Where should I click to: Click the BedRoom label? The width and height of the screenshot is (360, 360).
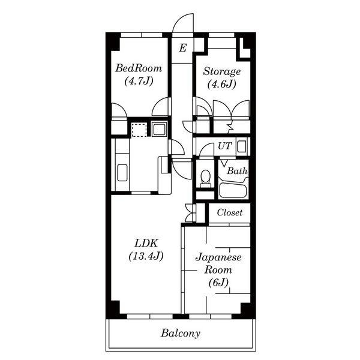(139, 68)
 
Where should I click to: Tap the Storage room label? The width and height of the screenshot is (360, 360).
(222, 71)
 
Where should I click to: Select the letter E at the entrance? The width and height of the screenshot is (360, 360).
(183, 48)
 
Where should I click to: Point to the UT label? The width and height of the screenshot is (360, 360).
(225, 146)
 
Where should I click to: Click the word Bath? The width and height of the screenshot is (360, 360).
(237, 171)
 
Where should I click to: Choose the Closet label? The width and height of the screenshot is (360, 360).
(230, 212)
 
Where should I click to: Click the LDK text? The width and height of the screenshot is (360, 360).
(146, 244)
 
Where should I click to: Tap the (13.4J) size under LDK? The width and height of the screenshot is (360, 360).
(146, 256)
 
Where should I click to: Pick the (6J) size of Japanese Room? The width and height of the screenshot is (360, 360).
(218, 283)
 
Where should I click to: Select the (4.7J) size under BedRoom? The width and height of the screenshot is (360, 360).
(139, 81)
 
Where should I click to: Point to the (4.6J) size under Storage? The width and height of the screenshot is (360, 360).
(222, 84)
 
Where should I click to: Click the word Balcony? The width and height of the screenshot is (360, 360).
(181, 333)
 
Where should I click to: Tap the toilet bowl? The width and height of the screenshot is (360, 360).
(205, 179)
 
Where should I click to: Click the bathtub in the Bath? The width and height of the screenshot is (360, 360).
(233, 189)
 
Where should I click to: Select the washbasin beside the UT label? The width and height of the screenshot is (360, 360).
(242, 146)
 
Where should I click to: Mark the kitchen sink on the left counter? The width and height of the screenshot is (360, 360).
(122, 173)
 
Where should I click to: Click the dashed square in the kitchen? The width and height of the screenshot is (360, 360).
(139, 130)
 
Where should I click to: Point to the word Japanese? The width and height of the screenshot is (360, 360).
(218, 257)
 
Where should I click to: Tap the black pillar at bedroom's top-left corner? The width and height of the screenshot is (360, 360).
(113, 41)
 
